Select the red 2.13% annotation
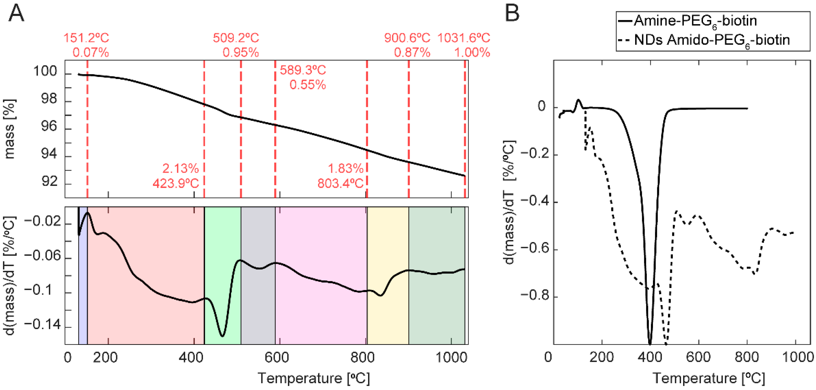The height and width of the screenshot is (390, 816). (x=181, y=169)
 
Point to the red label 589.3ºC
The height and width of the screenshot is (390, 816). (x=302, y=70)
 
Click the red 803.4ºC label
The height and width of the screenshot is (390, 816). (x=340, y=183)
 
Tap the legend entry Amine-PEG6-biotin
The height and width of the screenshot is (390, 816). (x=695, y=21)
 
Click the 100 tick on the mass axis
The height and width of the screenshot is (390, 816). (x=45, y=72)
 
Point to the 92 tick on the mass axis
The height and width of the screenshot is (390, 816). (x=49, y=181)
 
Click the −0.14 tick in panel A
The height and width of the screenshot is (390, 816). (x=42, y=325)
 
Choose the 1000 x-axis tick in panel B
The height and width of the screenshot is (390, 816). (x=798, y=357)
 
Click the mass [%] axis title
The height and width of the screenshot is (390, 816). (x=10, y=129)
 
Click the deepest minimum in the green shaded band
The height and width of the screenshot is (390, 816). (x=222, y=336)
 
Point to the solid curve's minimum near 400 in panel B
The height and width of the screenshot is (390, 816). (x=650, y=344)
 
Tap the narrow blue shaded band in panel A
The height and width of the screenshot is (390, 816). (x=83, y=275)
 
